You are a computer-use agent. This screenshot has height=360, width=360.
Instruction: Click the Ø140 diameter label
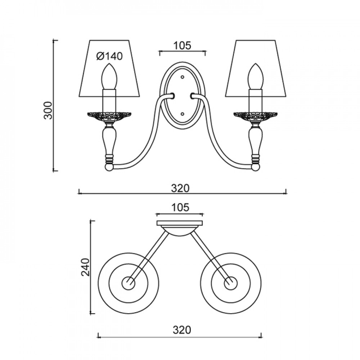(x=109, y=56)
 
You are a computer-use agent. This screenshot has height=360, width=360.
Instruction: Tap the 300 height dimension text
(x=48, y=111)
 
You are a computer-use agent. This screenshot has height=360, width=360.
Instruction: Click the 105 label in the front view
(x=182, y=45)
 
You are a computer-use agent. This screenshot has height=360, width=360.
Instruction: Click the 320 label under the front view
(x=180, y=189)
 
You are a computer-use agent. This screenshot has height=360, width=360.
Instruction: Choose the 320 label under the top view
(x=182, y=330)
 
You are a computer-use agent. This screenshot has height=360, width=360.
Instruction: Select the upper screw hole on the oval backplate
(x=183, y=77)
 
